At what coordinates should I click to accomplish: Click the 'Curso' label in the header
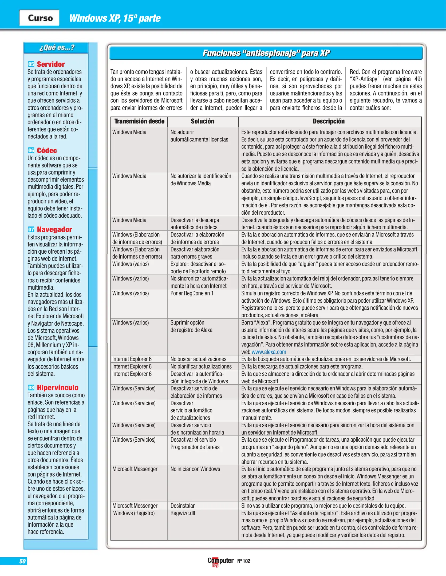pyautogui.click(x=40, y=18)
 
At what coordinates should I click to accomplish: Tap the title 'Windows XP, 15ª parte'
pyautogui.click(x=115, y=18)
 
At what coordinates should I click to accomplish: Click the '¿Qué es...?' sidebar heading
pyautogui.click(x=57, y=48)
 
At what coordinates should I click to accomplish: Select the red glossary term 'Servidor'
pyautogui.click(x=51, y=64)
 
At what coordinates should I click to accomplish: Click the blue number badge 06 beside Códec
pyautogui.click(x=31, y=150)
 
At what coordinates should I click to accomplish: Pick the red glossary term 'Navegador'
pyautogui.click(x=54, y=229)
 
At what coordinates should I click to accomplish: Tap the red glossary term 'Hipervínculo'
pyautogui.click(x=57, y=387)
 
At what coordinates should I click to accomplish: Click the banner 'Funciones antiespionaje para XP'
pyautogui.click(x=266, y=53)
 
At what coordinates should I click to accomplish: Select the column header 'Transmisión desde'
pyautogui.click(x=139, y=121)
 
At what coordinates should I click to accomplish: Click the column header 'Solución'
pyautogui.click(x=202, y=121)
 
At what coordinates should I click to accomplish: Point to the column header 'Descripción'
pyautogui.click(x=329, y=121)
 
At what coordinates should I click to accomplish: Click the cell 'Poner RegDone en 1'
pyautogui.click(x=192, y=293)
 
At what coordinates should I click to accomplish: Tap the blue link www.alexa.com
pyautogui.click(x=269, y=352)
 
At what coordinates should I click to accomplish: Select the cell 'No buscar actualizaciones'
pyautogui.click(x=198, y=359)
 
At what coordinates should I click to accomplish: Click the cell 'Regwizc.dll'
pyautogui.click(x=183, y=513)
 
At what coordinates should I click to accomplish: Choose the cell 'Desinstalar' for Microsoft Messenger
pyautogui.click(x=183, y=506)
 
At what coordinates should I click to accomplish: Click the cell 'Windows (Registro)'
pyautogui.click(x=134, y=513)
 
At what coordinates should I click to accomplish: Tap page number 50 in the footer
pyautogui.click(x=22, y=561)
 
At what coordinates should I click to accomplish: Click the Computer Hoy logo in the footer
pyautogui.click(x=220, y=561)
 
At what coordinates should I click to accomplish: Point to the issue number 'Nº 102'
pyautogui.click(x=244, y=561)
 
